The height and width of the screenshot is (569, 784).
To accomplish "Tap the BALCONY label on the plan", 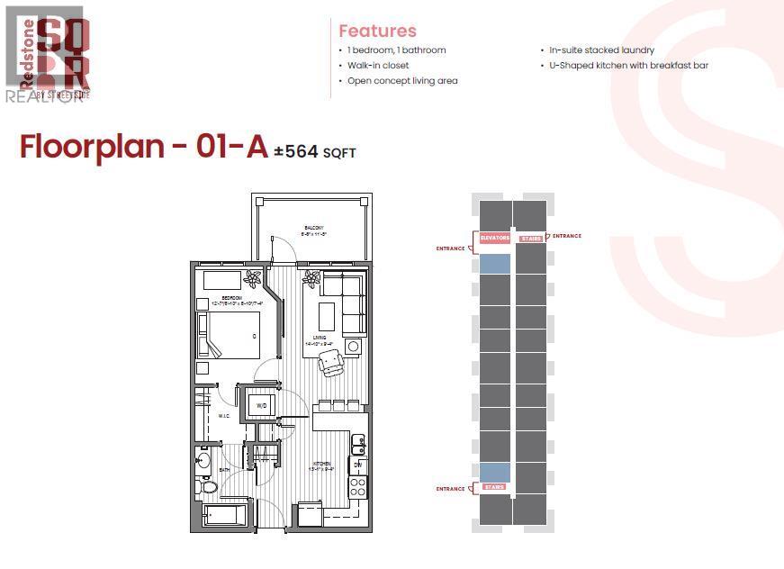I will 312,227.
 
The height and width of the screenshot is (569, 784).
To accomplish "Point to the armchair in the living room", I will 331,363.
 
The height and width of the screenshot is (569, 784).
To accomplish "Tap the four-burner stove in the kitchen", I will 357,487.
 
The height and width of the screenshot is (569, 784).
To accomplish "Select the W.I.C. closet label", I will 225,416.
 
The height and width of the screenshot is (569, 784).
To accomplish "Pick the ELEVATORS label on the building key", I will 495,238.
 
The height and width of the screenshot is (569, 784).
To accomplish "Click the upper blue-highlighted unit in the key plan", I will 495,263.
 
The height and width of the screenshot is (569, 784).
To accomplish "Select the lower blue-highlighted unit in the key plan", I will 495,471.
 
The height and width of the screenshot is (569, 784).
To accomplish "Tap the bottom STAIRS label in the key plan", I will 495,487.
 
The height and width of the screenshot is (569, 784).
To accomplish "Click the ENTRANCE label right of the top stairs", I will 567,236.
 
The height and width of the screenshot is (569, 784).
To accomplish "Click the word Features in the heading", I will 377,31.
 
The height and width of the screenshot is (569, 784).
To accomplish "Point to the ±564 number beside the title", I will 296,151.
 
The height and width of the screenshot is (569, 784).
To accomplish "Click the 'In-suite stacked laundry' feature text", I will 601,50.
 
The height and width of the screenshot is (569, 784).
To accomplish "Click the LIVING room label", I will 320,338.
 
